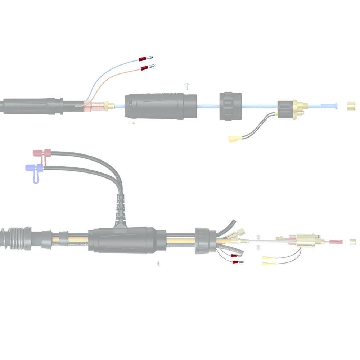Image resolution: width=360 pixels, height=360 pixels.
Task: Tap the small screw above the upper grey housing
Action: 186,85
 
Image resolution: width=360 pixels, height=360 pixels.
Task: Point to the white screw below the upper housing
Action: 131,123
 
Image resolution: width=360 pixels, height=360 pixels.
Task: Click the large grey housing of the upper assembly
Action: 161,106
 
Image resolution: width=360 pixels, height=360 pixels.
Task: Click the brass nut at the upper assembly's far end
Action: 350,106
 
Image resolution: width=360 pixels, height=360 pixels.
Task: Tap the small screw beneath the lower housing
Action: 157,264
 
